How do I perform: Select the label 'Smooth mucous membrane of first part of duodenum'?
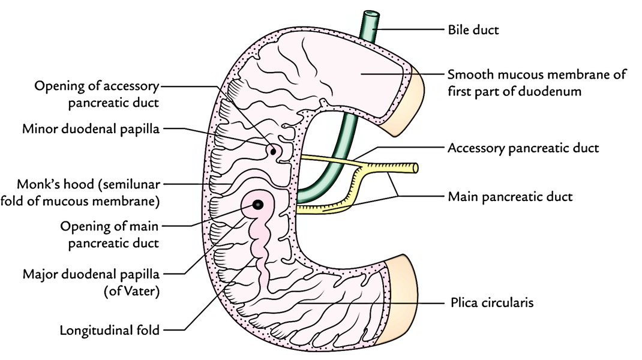pos(536,83)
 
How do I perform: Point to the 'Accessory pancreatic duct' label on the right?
pos(523,148)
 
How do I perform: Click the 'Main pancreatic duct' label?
pos(510,196)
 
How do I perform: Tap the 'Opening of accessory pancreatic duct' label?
pos(97,94)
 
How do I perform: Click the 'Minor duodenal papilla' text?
pos(90,128)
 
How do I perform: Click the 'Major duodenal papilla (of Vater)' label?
pos(91,281)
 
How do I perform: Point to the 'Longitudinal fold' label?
pos(110,330)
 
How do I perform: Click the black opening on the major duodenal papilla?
pos(257,205)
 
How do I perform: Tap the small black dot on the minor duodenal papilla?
pos(273,151)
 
